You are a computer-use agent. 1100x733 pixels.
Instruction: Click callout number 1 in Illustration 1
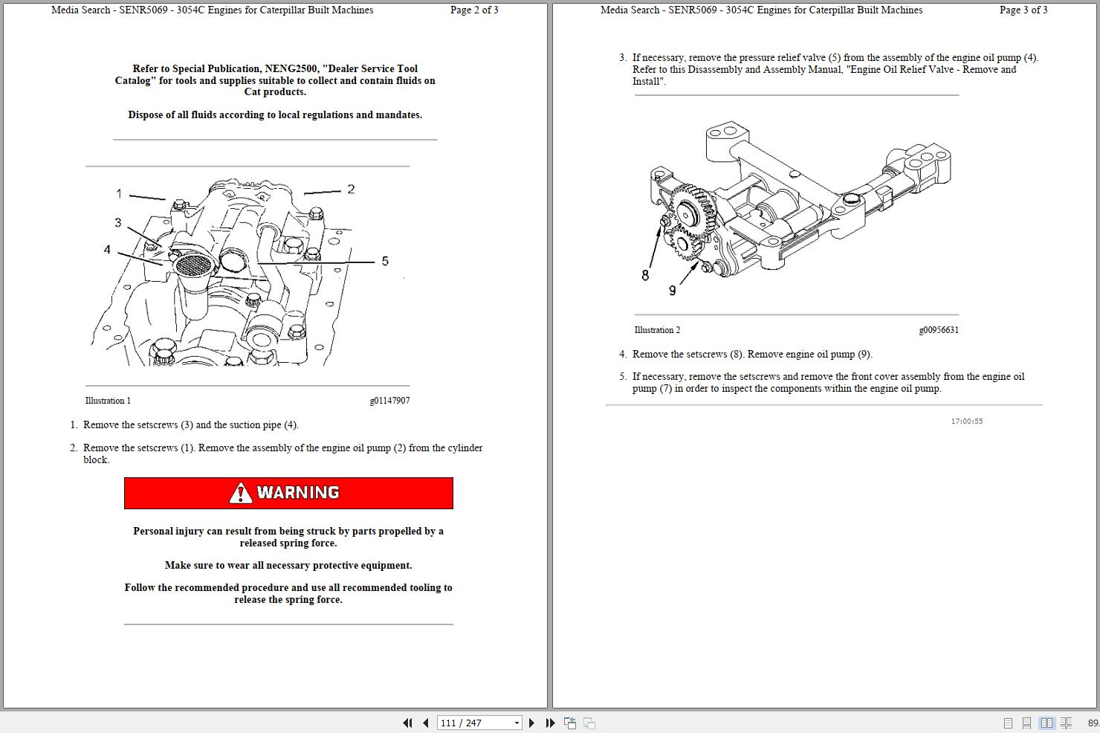119,194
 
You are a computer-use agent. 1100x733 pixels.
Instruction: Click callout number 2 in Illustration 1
351,190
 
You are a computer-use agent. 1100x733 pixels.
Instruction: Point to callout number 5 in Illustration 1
385,261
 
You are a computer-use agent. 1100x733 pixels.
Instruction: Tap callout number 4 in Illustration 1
107,250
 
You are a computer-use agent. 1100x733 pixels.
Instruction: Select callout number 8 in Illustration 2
645,275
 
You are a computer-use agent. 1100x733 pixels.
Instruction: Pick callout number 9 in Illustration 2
673,291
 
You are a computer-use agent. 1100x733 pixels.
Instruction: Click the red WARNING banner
288,493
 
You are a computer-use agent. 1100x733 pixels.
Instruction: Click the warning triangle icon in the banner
240,493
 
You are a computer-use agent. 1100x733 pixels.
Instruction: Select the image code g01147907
389,401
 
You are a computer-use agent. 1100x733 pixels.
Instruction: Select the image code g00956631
939,330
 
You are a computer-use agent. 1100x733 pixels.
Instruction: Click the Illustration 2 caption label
657,330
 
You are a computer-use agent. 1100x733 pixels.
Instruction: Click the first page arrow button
407,723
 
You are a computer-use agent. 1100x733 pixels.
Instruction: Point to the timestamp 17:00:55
966,422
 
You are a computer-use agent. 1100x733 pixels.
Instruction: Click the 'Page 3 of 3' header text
1023,10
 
